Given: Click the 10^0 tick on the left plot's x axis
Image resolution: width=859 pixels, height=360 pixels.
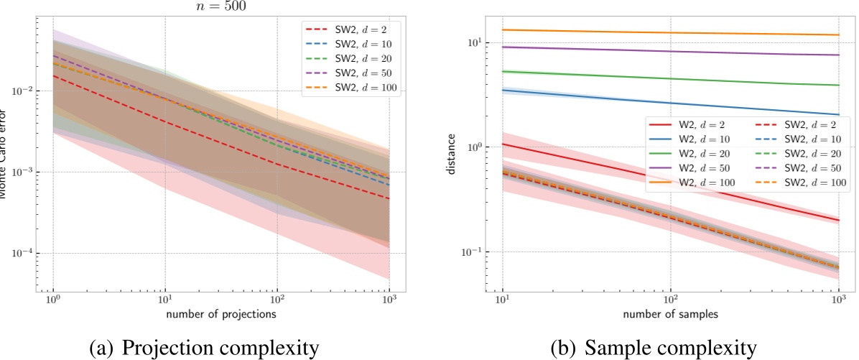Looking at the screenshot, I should click(x=52, y=297).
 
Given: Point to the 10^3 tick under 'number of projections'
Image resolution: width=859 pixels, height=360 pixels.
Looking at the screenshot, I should click(x=389, y=297).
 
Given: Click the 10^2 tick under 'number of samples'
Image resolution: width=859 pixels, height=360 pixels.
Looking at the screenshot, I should click(x=670, y=297).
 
